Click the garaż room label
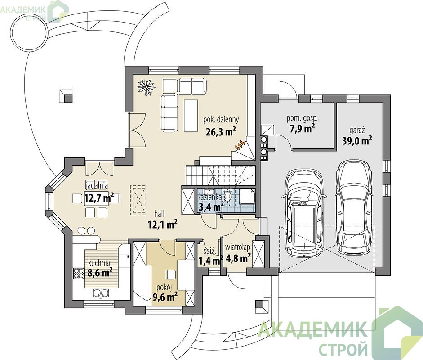point(357,130)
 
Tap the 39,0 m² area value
point(357,140)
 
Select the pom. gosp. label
point(302,118)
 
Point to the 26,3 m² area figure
point(221,131)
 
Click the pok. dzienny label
point(221,119)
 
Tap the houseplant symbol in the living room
point(146,87)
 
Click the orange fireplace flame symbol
point(240,145)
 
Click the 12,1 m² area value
point(162,224)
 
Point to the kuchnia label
point(99,263)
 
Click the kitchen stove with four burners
point(79,273)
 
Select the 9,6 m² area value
point(165,297)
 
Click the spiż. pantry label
point(209,252)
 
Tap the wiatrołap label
point(238,247)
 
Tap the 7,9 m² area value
point(302,128)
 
